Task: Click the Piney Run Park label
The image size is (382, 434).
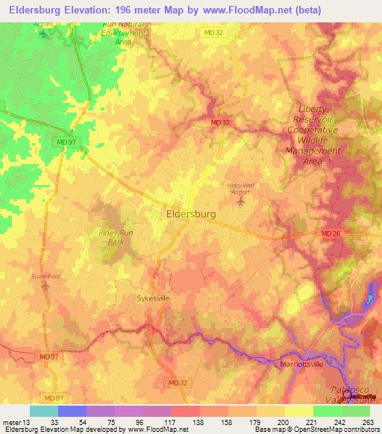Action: coord(116,237)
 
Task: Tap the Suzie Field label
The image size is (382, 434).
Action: coord(43,275)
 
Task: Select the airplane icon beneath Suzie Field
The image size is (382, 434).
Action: coord(45,285)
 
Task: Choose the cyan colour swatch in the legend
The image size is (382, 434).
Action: coord(43,411)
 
